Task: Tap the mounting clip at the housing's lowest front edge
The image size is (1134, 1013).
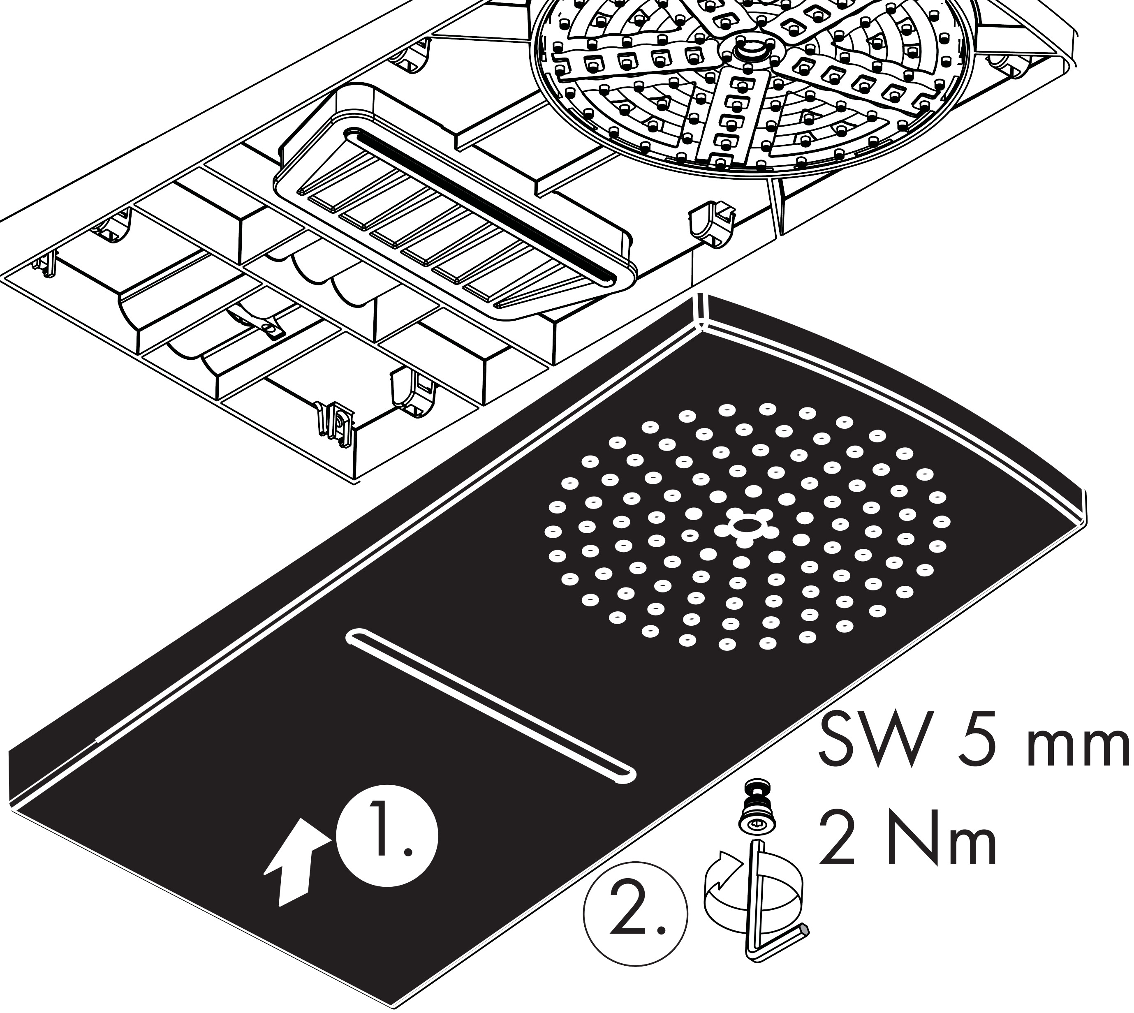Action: pos(334,423)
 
